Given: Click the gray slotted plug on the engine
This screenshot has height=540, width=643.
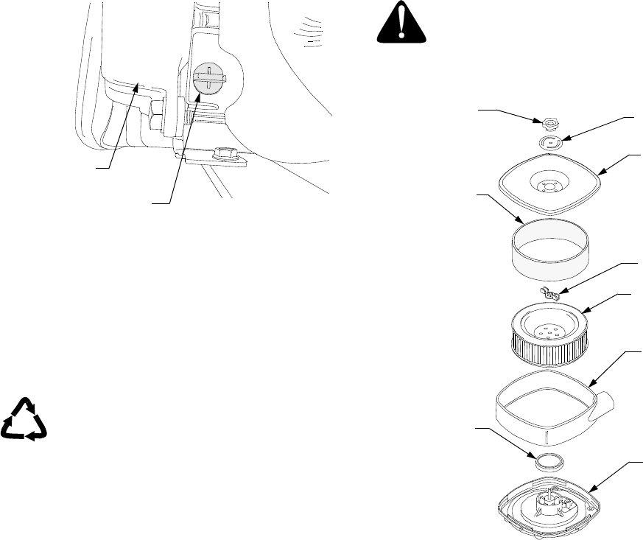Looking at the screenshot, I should (x=208, y=78).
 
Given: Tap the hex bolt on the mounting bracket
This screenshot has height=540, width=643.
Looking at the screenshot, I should (x=221, y=155).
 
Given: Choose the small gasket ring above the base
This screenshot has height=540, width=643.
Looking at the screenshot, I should (x=549, y=461).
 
